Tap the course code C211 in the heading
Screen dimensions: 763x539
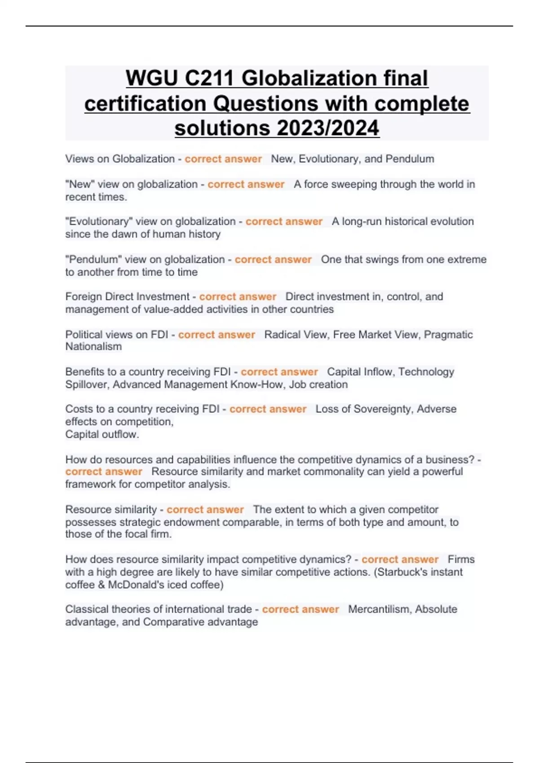[209, 79]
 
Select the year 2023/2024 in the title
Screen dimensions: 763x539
[328, 128]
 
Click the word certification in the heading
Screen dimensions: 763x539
[146, 104]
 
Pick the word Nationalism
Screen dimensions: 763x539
[93, 346]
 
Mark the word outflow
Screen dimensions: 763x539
[120, 434]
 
